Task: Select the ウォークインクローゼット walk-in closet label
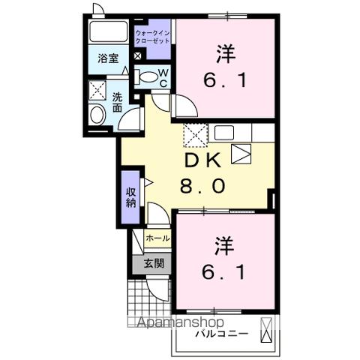point(152,37)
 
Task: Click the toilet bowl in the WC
point(148,76)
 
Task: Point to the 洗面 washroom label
point(118,102)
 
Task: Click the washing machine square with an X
point(99,90)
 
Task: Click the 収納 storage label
point(130,196)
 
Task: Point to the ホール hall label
point(157,238)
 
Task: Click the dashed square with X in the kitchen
point(196,137)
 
